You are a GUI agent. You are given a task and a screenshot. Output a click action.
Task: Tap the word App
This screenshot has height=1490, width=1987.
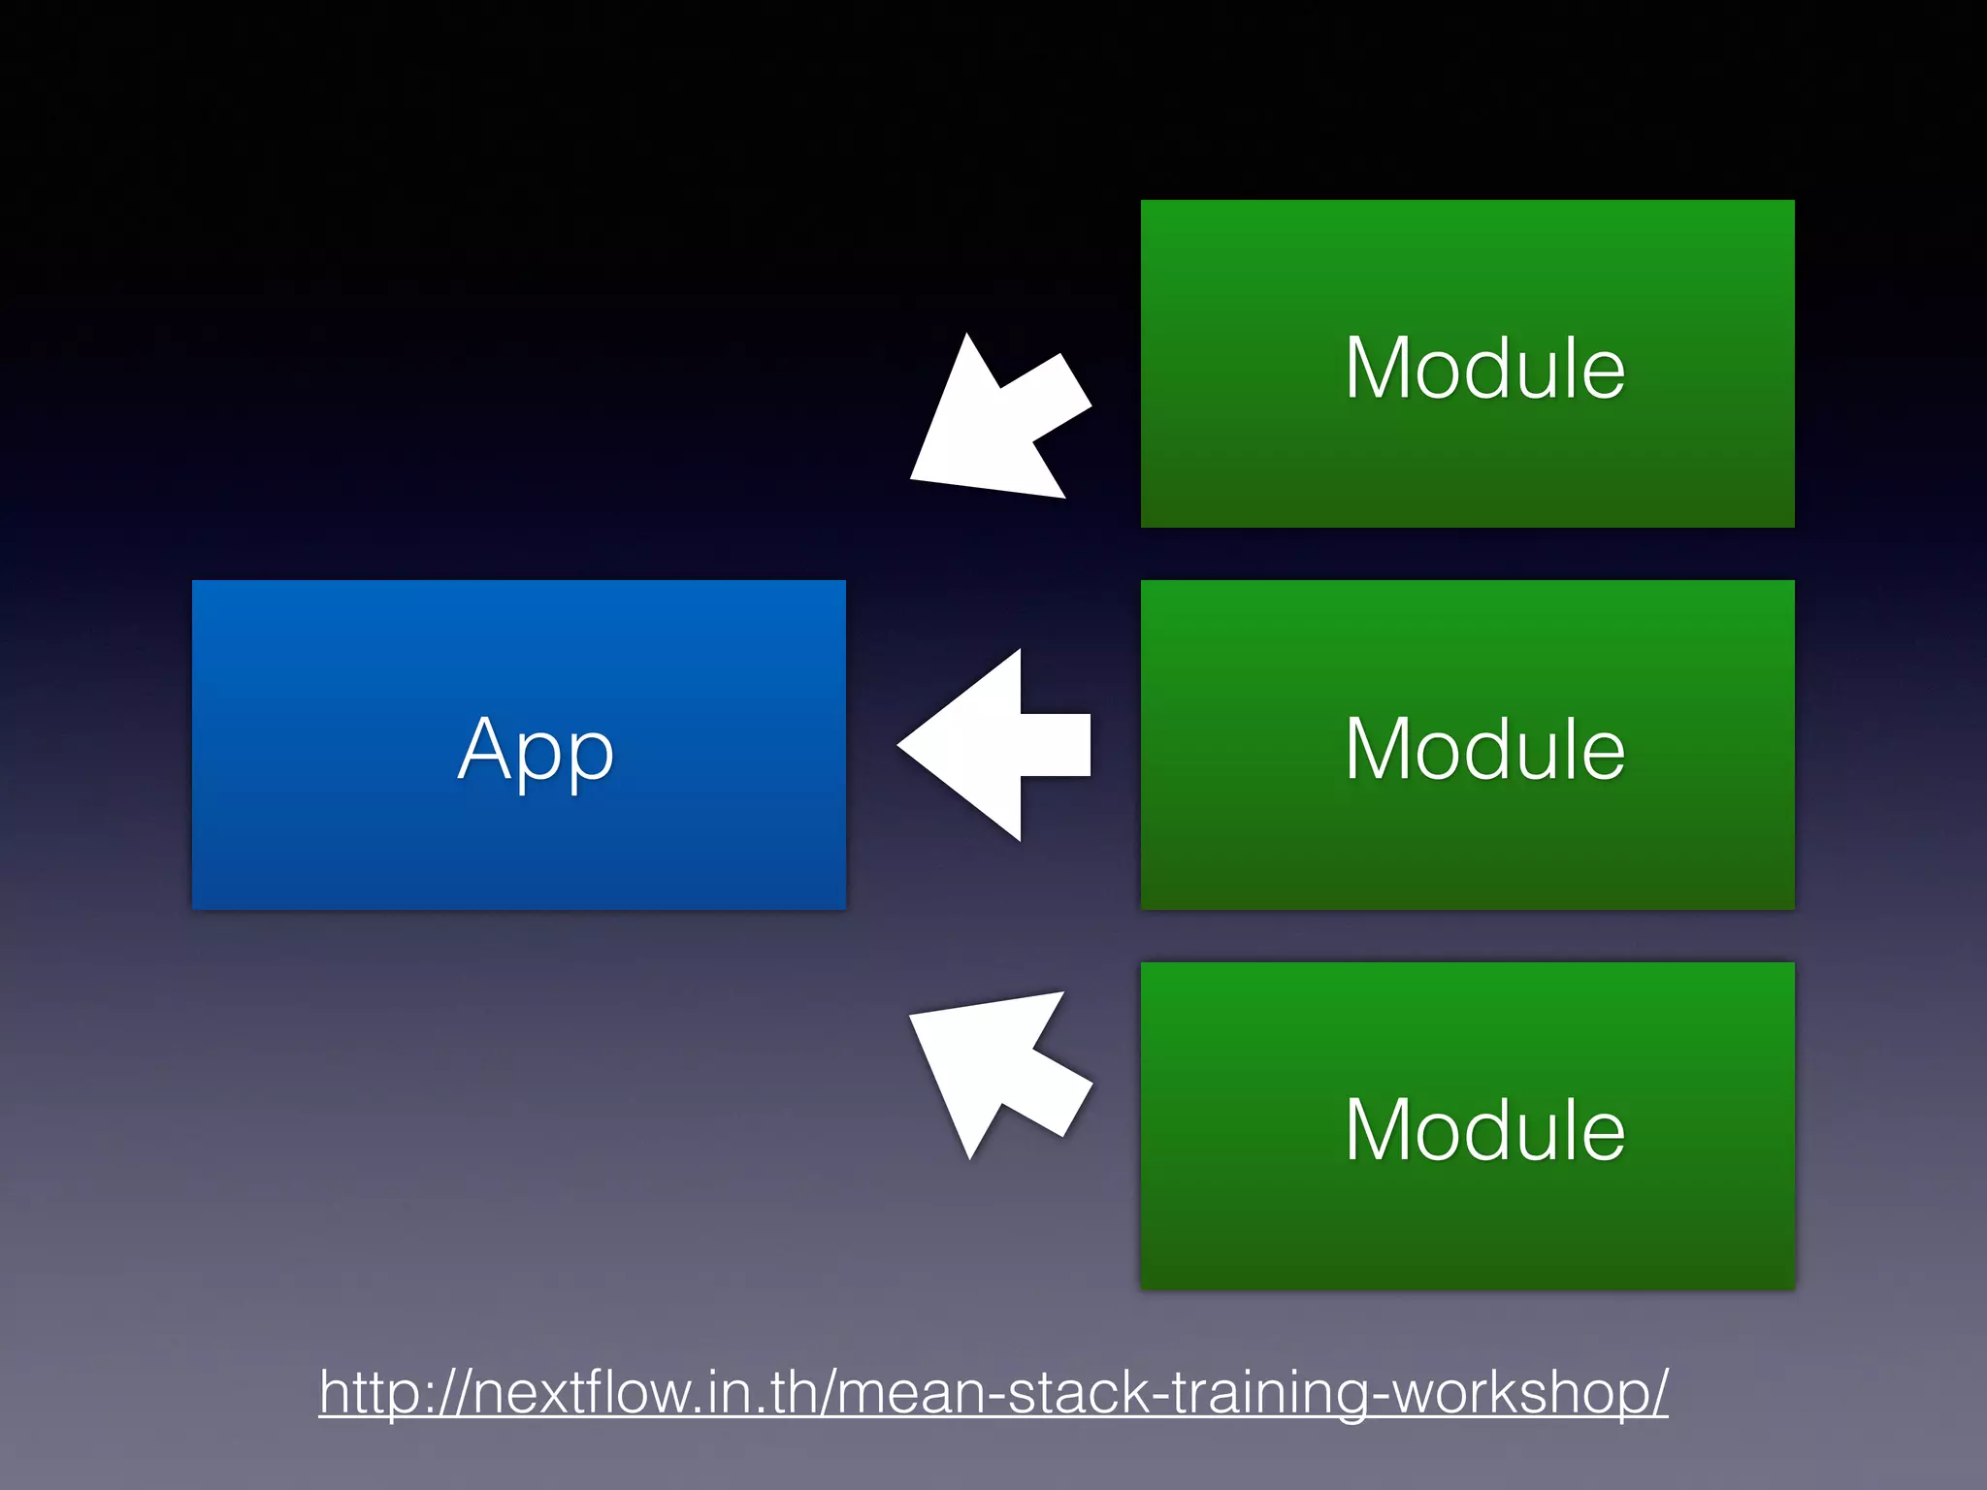pos(536,749)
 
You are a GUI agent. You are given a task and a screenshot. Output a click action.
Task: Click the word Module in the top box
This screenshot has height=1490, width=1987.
pos(1484,368)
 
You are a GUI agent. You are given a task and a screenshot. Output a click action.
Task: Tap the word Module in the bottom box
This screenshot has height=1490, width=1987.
pos(1484,1129)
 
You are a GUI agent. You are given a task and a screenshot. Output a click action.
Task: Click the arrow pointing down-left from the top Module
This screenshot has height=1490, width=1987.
pos(999,422)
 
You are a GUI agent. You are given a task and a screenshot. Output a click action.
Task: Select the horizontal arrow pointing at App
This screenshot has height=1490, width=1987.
pos(999,745)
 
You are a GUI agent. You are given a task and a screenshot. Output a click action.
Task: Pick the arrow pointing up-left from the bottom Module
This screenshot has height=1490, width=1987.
pos(999,1067)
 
